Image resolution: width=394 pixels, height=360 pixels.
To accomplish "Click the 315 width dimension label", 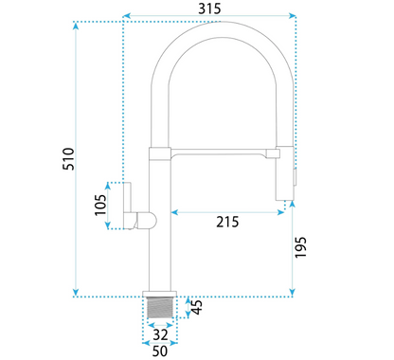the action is (209, 9).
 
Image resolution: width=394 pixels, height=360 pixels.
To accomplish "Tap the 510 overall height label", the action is (68, 159).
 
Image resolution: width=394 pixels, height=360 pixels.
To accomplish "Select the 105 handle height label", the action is (100, 205).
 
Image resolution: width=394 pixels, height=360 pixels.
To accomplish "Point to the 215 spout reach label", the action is (227, 222).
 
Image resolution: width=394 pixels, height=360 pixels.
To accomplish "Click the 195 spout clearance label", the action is (300, 247).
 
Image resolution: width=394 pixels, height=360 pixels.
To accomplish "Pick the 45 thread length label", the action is (197, 307).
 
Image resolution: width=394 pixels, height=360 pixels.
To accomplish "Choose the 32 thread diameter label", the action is (160, 334).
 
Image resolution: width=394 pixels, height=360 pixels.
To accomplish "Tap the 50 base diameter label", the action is (160, 351).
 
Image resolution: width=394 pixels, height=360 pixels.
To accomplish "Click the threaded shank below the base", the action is (160, 307).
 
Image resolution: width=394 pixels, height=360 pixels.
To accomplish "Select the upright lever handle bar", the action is (127, 197).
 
